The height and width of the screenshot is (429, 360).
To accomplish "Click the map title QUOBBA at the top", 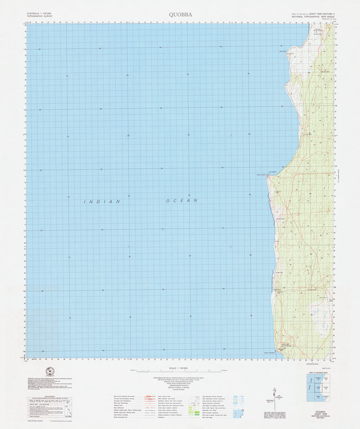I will point(181,15).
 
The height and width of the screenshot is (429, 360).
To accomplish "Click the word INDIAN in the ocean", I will point(102,202).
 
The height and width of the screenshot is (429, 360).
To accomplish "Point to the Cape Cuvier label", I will point(261,175).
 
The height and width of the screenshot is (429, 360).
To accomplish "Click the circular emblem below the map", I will point(51,371).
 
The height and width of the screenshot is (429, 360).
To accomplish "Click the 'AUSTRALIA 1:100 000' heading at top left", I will point(39,14).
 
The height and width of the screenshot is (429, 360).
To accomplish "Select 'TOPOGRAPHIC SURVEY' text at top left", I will point(39,16).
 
